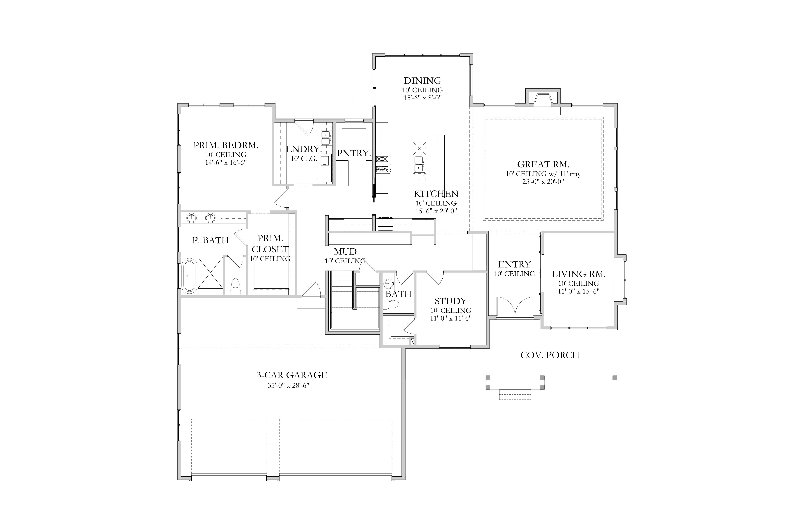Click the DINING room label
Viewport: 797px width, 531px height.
click(x=422, y=81)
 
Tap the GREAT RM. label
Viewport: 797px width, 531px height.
click(x=543, y=164)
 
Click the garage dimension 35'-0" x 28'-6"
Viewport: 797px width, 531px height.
click(x=288, y=385)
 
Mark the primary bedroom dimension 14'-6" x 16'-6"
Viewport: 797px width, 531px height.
click(x=226, y=162)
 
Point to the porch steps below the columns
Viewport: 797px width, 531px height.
click(x=515, y=395)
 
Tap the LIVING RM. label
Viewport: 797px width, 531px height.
click(x=578, y=274)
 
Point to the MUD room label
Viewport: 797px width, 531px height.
click(x=345, y=252)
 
